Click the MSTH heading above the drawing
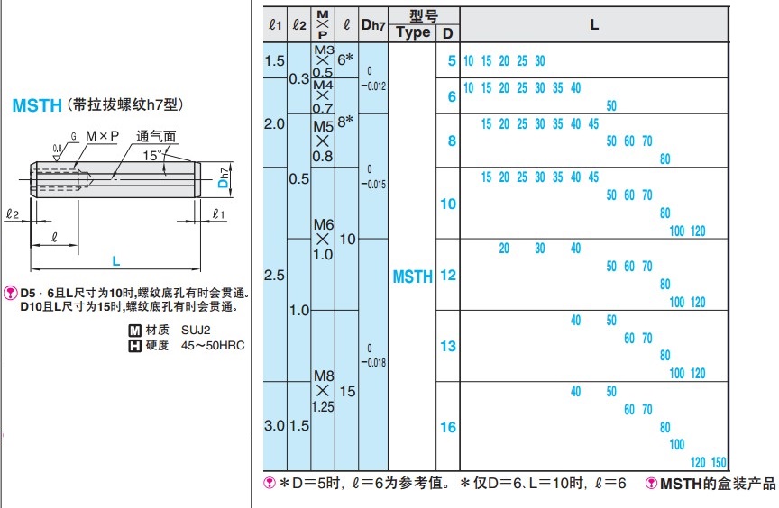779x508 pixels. tap(37, 105)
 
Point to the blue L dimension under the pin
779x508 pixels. tap(115, 260)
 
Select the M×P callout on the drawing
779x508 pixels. tap(102, 136)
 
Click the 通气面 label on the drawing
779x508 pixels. tap(156, 137)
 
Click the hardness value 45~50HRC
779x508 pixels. tap(213, 345)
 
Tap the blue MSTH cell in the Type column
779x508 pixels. tap(412, 277)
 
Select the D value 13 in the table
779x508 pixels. tap(447, 346)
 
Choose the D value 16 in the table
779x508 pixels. tap(447, 427)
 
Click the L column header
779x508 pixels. tap(594, 24)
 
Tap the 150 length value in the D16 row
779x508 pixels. tap(719, 462)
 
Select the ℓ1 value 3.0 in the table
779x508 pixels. tap(275, 425)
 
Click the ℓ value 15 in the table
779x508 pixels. tap(347, 392)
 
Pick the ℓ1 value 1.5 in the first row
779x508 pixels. tap(275, 61)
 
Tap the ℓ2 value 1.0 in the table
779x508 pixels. tap(299, 310)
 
